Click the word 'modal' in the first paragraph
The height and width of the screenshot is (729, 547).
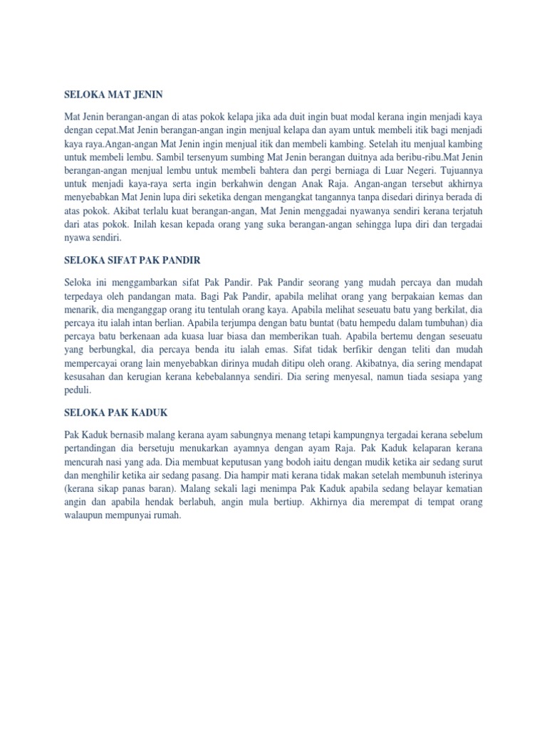coord(362,115)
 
